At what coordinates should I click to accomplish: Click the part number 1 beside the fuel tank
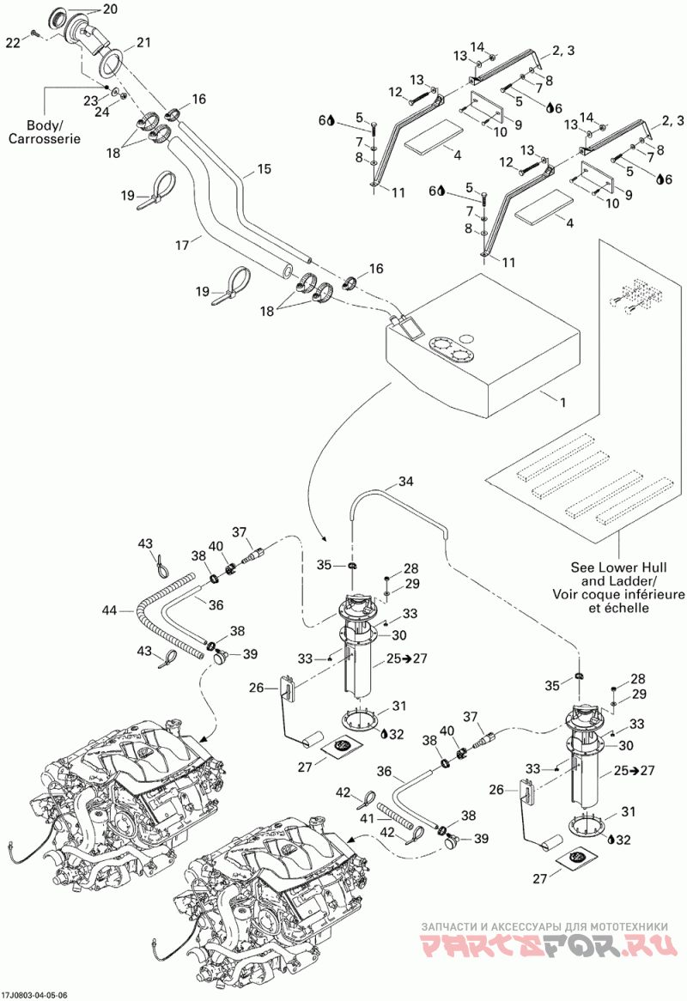point(562,403)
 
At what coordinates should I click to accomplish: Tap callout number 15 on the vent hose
point(264,168)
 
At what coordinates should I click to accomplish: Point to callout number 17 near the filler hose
point(183,244)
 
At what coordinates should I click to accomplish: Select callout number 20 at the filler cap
point(110,9)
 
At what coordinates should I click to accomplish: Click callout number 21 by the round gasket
point(143,42)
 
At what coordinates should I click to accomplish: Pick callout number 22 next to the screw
point(14,42)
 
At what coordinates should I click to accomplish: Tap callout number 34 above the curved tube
point(405,481)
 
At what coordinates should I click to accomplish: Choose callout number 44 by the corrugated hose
point(109,610)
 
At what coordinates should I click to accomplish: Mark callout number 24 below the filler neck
point(102,112)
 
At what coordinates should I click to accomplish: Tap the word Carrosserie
point(45,138)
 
